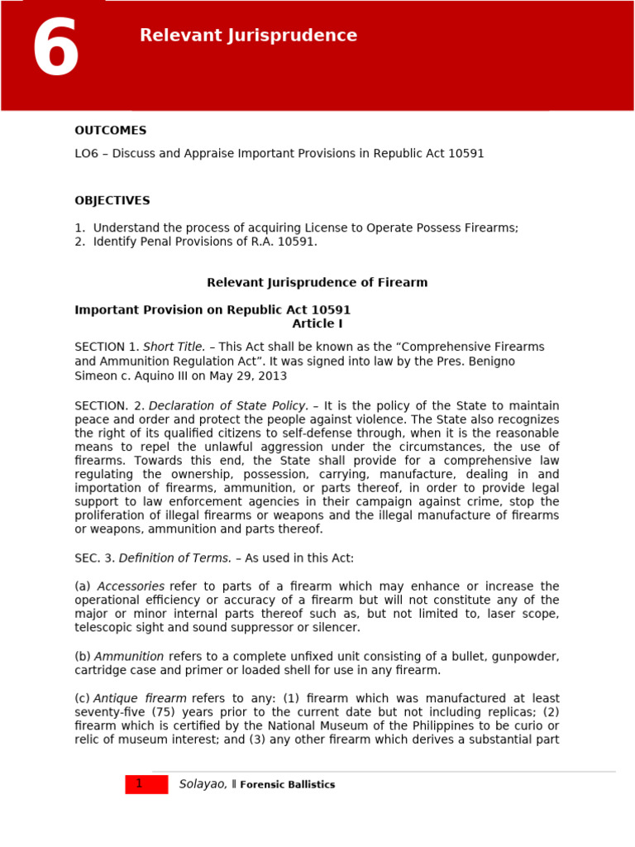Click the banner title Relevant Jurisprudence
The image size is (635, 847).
248,36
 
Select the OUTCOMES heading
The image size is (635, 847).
110,131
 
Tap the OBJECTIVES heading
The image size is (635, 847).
112,201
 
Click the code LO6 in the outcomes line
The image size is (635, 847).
87,154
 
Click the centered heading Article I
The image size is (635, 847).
317,324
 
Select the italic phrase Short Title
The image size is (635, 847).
174,347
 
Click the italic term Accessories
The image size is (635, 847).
131,586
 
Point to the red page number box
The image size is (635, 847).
146,784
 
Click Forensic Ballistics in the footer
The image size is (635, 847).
287,785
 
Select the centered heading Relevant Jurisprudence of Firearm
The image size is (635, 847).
317,283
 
